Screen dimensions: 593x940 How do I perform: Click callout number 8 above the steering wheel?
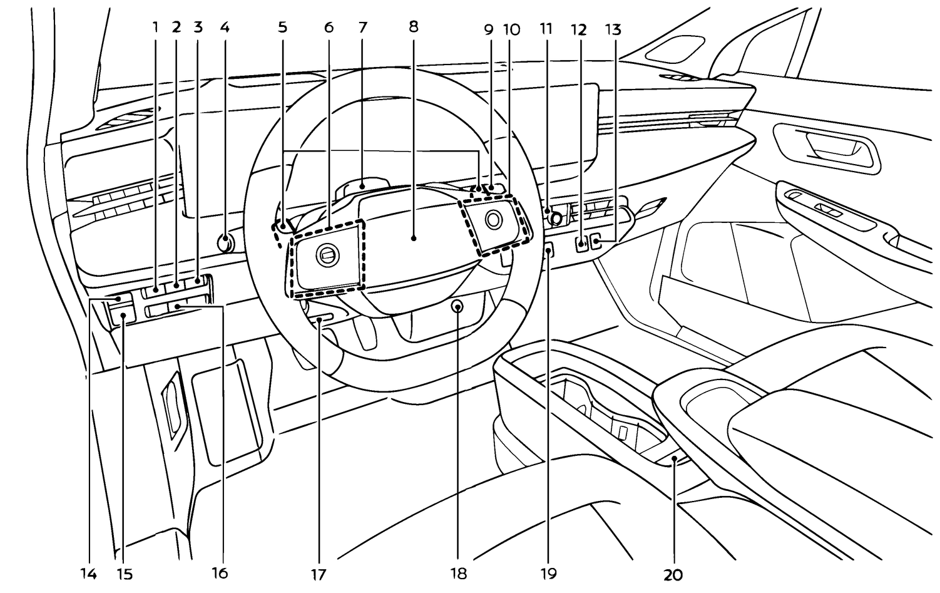click(412, 27)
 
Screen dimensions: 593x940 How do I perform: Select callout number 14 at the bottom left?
click(88, 573)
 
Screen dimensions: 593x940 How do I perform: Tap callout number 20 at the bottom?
click(673, 573)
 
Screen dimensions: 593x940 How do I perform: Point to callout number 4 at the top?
click(225, 27)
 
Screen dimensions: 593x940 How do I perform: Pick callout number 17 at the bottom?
click(319, 573)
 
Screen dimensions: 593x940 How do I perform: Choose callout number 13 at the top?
click(613, 29)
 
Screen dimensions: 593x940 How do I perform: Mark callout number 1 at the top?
click(156, 27)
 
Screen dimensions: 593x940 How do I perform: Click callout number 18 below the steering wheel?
click(459, 573)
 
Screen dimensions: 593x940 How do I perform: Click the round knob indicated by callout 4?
click(225, 241)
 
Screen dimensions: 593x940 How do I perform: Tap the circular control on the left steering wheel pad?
click(327, 253)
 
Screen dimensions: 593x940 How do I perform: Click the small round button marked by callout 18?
click(457, 307)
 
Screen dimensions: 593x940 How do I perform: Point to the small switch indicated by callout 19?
click(548, 250)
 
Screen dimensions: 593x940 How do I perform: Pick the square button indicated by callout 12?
click(581, 242)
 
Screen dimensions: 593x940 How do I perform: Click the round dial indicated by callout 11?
click(554, 219)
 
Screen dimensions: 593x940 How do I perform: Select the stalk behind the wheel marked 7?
click(362, 186)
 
